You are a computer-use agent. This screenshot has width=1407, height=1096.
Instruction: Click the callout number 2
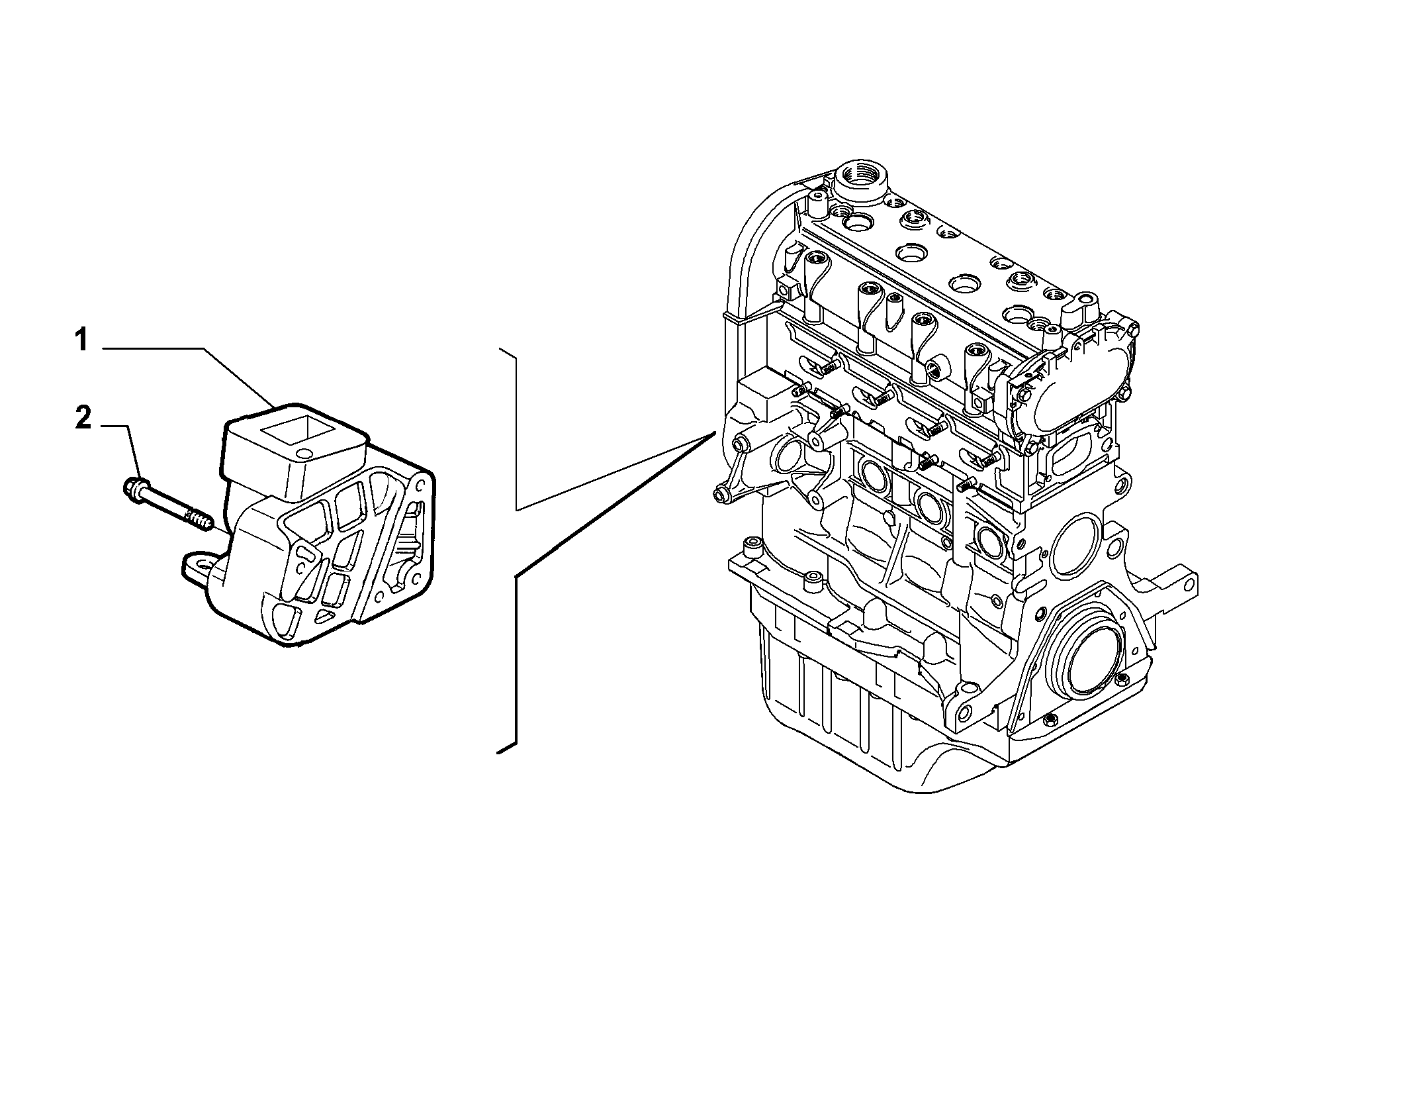[83, 419]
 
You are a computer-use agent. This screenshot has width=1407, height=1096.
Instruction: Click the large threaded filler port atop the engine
[859, 179]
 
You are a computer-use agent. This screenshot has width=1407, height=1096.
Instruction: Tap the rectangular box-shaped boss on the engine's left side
[761, 394]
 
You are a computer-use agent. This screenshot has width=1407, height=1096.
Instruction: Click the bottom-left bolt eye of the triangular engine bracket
[722, 493]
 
